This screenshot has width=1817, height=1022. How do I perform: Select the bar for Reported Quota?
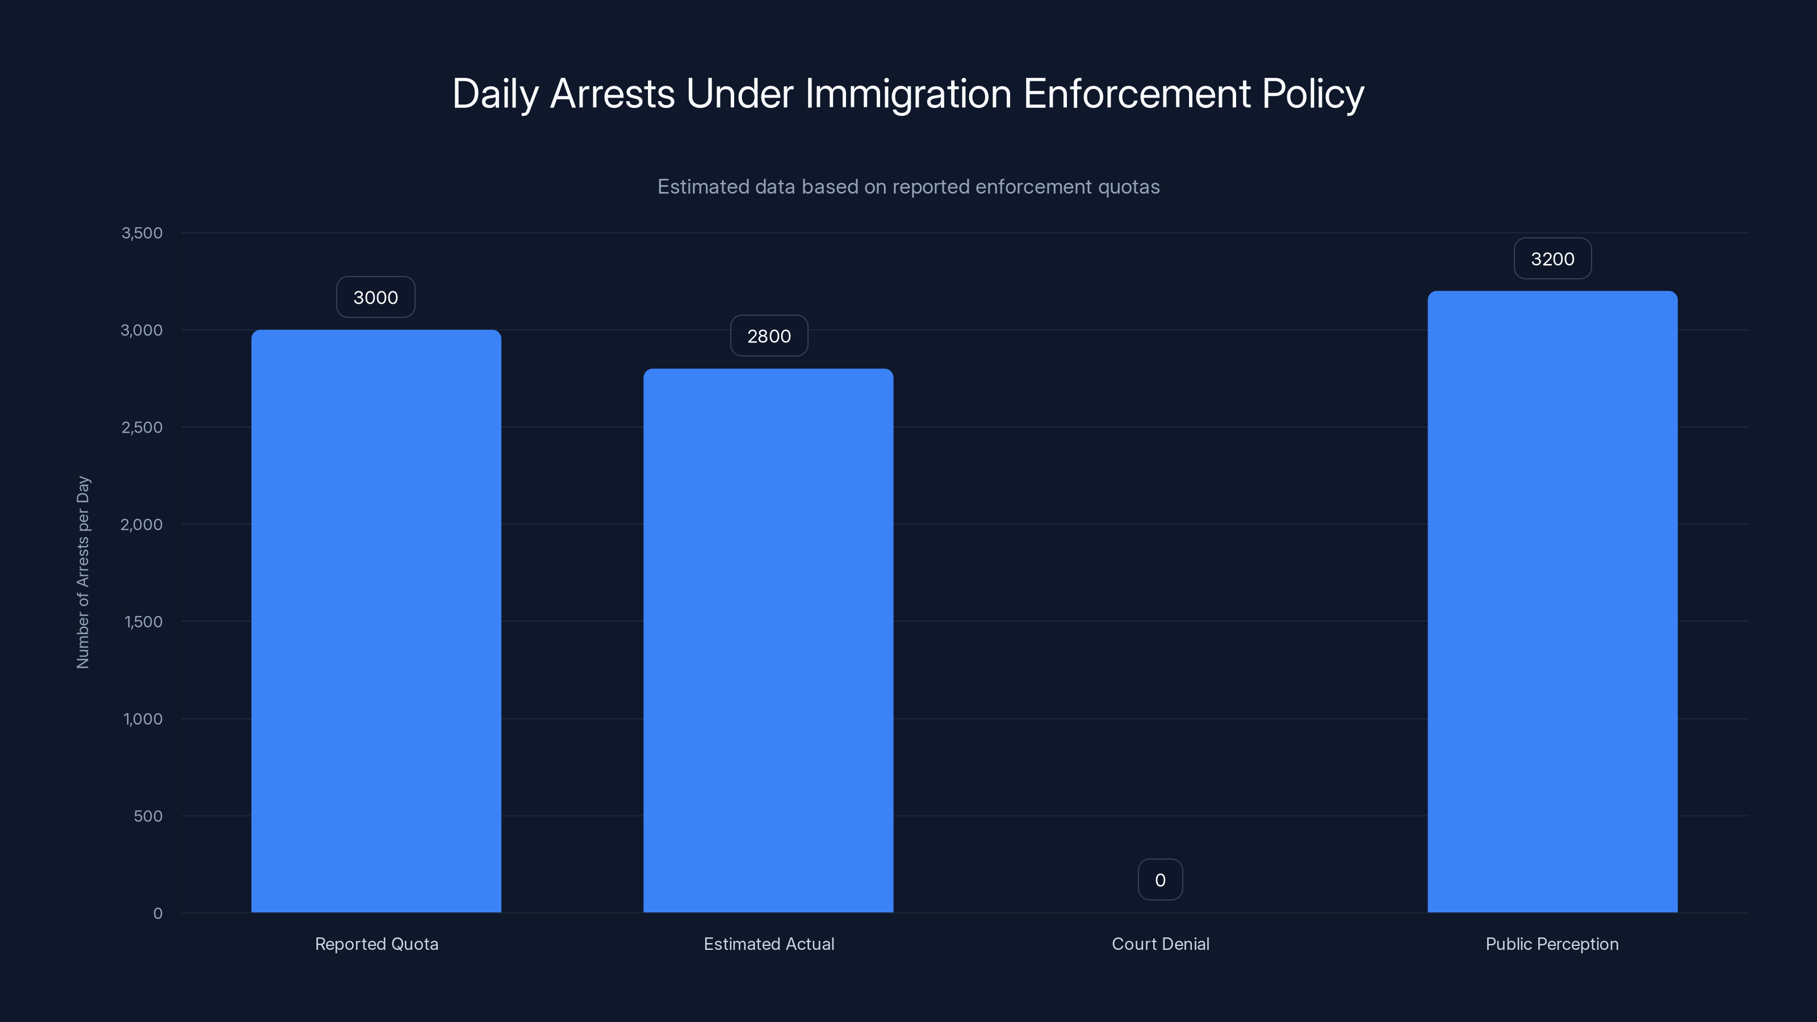(x=376, y=621)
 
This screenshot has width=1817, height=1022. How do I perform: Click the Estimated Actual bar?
(x=768, y=640)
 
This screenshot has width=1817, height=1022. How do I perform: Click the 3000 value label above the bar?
(x=375, y=298)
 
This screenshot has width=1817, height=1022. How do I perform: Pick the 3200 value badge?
(x=1552, y=259)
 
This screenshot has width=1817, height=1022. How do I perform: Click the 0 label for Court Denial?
(x=1159, y=880)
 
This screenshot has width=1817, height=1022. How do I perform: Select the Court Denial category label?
(x=1159, y=944)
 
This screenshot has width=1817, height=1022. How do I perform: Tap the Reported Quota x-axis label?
(x=376, y=944)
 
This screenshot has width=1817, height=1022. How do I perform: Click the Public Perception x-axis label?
(x=1551, y=944)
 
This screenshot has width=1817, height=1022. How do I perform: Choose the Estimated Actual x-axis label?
(x=768, y=944)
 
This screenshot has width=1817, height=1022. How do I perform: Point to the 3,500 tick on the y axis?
(x=142, y=233)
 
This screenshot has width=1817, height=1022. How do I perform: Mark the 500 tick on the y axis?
(x=148, y=816)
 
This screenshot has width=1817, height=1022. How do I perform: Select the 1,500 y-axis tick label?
(x=143, y=621)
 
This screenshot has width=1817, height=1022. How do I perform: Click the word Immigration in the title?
(x=908, y=94)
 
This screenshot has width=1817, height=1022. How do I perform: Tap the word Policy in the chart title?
(x=1313, y=94)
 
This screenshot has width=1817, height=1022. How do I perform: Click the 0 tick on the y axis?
(x=157, y=914)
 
